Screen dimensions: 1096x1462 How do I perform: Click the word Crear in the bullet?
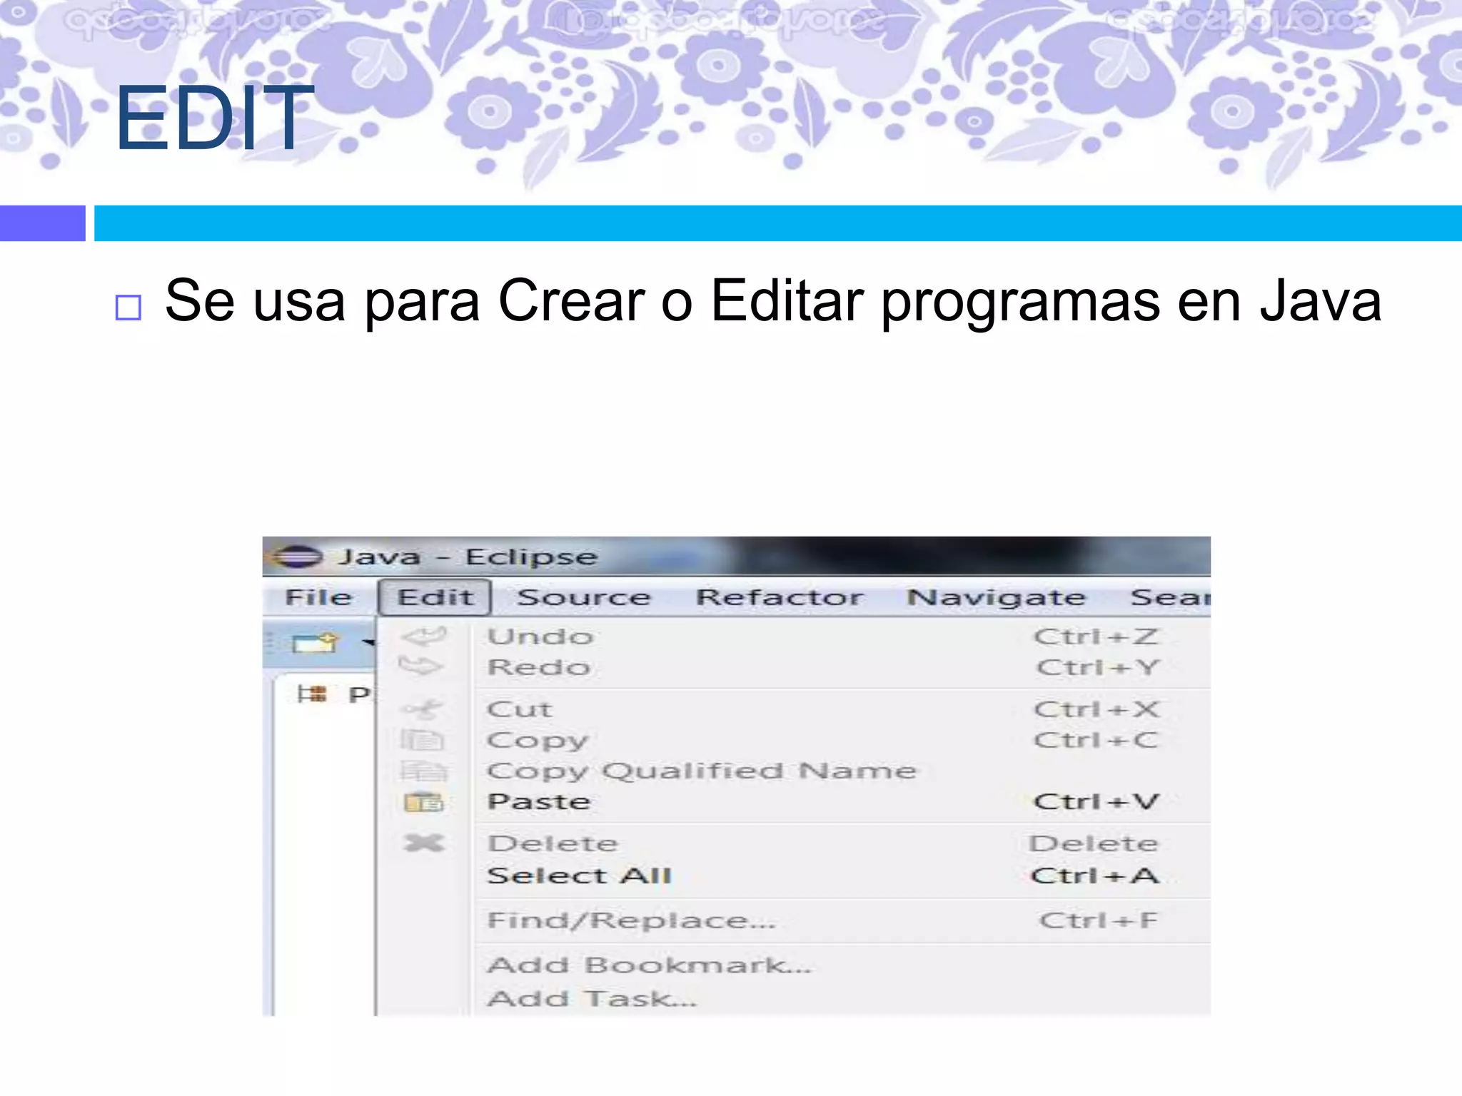pyautogui.click(x=571, y=301)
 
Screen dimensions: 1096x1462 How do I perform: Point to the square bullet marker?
pyautogui.click(x=128, y=308)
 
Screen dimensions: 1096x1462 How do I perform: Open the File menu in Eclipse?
pyautogui.click(x=318, y=597)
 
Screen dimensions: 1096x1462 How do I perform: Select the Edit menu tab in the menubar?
pyautogui.click(x=435, y=597)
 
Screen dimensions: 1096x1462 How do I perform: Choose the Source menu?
pyautogui.click(x=583, y=597)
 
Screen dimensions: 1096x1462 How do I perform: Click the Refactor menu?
pyautogui.click(x=780, y=597)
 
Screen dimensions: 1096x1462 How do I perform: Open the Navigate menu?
pyautogui.click(x=996, y=597)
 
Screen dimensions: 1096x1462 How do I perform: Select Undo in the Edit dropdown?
pyautogui.click(x=540, y=636)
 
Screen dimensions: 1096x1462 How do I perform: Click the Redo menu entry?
pyautogui.click(x=539, y=668)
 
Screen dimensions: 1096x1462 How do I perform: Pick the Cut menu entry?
pyautogui.click(x=520, y=710)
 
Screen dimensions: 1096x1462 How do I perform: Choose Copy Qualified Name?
pyautogui.click(x=702, y=771)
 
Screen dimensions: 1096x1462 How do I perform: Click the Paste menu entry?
pyautogui.click(x=539, y=802)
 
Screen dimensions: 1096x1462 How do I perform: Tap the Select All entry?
pyautogui.click(x=580, y=876)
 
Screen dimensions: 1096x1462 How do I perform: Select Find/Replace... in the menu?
pyautogui.click(x=631, y=921)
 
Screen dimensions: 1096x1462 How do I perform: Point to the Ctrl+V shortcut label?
pyautogui.click(x=1096, y=802)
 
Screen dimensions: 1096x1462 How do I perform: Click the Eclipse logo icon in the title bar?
pyautogui.click(x=298, y=557)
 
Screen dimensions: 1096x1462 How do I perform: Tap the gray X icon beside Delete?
pyautogui.click(x=423, y=843)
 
